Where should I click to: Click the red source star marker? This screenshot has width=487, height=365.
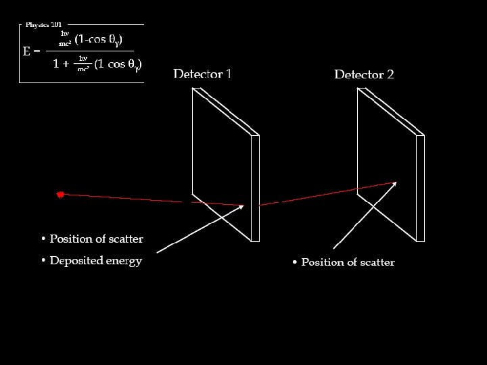[60, 195]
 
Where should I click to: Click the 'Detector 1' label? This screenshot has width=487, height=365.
[202, 74]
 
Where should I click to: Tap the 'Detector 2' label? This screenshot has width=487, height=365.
[364, 74]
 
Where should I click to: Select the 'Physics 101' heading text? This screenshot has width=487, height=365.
[43, 25]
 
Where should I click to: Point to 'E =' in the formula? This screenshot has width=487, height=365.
[32, 51]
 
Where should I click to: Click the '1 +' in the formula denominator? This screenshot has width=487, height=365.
[61, 65]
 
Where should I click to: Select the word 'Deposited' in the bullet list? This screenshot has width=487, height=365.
[76, 261]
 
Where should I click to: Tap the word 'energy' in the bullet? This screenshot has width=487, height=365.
[124, 262]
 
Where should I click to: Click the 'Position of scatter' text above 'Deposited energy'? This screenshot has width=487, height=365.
[96, 239]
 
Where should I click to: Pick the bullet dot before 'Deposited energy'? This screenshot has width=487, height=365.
[43, 261]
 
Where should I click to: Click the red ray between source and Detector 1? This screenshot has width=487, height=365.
[122, 198]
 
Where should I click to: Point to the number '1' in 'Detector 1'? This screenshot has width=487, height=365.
[229, 74]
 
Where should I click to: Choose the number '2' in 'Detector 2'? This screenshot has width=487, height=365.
[390, 74]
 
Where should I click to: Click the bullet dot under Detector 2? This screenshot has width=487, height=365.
[295, 262]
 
